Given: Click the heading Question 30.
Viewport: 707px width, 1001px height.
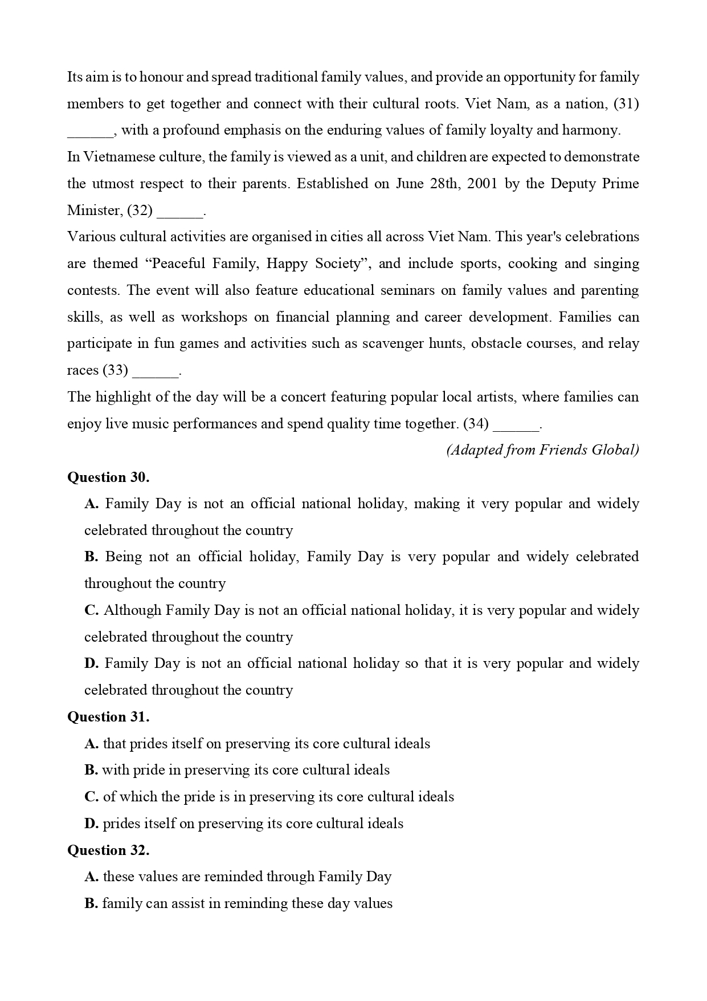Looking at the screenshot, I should click(x=108, y=477).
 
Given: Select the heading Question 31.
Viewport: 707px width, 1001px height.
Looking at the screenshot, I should click(x=108, y=716).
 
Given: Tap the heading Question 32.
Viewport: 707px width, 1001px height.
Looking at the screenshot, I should click(x=108, y=850).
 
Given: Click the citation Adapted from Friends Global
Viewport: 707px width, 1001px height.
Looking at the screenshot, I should click(x=542, y=450).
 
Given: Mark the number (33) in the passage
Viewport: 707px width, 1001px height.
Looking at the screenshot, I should click(x=115, y=370).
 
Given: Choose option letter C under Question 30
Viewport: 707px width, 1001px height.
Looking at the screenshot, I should click(x=91, y=610).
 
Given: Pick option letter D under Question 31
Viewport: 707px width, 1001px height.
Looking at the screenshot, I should click(x=91, y=824).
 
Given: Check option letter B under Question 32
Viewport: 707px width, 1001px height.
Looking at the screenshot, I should click(x=91, y=903).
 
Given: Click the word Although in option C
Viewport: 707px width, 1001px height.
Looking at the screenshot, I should click(x=133, y=610).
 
